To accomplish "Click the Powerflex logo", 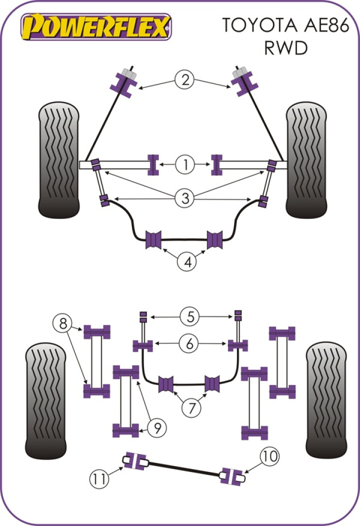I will pyautogui.click(x=95, y=25).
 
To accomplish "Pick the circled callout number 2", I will pyautogui.click(x=184, y=80).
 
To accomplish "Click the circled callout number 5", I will pyautogui.click(x=189, y=316).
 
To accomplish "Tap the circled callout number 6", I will pyautogui.click(x=189, y=343).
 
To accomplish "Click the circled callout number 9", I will pyautogui.click(x=156, y=427).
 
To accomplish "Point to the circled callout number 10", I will pyautogui.click(x=269, y=456).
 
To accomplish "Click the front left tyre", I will pyautogui.click(x=59, y=160).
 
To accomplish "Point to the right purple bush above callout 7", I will pyautogui.click(x=213, y=383).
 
